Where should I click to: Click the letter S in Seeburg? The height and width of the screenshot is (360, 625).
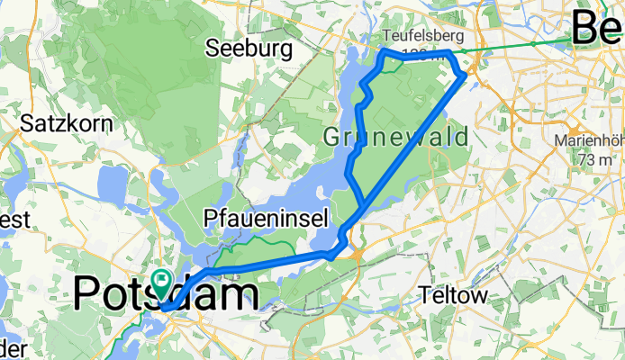point(213,49)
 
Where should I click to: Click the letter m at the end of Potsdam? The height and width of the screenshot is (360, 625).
point(240,295)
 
